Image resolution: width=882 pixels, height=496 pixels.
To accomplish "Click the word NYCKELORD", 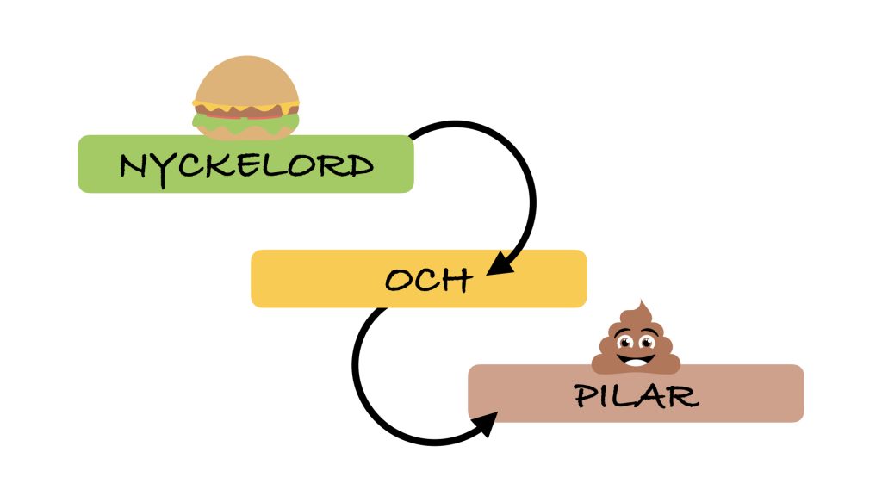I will (x=247, y=165).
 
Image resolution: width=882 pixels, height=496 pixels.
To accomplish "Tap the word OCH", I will (x=427, y=280).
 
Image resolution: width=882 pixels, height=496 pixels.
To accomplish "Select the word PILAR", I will (x=636, y=396).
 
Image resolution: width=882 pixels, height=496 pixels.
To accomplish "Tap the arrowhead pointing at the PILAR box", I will (x=487, y=424).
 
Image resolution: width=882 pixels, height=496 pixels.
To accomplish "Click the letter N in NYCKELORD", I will (x=133, y=166).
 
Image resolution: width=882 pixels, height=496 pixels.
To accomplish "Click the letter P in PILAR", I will (x=587, y=397).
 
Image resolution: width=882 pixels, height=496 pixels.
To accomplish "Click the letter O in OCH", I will (x=397, y=280).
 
